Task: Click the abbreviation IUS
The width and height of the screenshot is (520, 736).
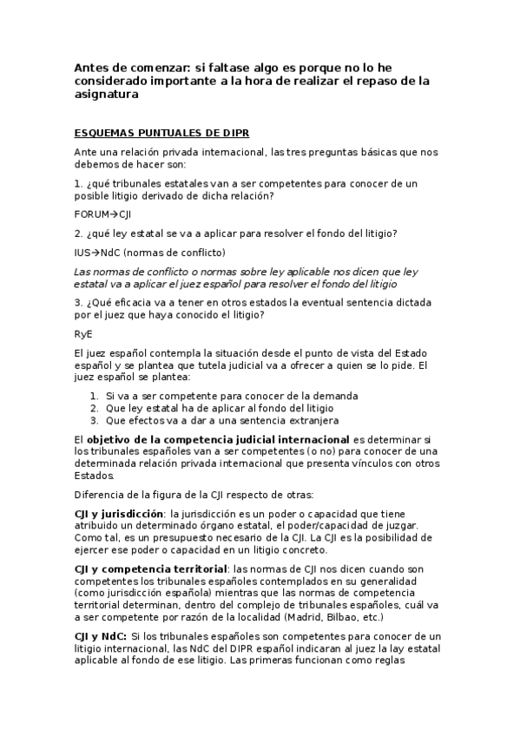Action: coord(82,253)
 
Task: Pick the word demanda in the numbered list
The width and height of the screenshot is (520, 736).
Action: coord(313,395)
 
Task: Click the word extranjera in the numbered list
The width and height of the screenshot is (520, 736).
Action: coord(310,419)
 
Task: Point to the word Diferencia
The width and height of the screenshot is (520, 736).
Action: coord(99,495)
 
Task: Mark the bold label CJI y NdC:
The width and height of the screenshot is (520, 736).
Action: coord(100,637)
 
